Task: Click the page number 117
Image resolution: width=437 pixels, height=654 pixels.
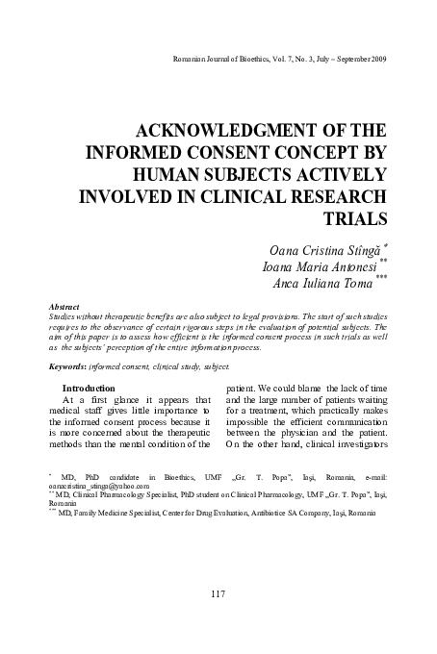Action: point(217,593)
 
